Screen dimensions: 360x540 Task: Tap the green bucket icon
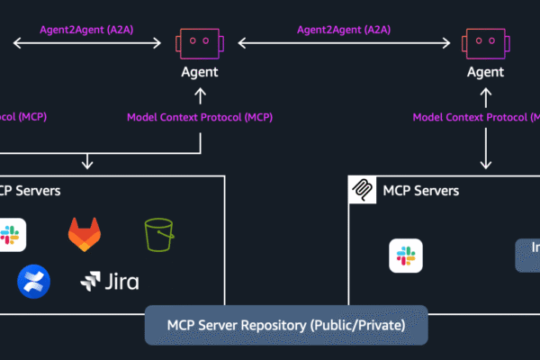coord(158,235)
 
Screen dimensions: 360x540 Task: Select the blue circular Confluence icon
coord(33,282)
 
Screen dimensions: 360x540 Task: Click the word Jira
coord(120,283)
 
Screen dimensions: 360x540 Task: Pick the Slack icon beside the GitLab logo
coord(13,235)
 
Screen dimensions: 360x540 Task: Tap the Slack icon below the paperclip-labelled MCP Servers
coord(405,256)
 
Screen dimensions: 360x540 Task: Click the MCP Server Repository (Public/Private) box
coord(286,325)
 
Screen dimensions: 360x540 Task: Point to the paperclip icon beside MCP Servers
coord(363,191)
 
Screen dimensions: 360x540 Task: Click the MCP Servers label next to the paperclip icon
coord(420,191)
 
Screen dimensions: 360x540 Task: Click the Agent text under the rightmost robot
coord(486,71)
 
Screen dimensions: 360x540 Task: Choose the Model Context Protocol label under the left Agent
coord(199,117)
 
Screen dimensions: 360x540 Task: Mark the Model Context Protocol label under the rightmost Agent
coord(475,117)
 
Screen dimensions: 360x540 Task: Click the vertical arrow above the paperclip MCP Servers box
coord(486,146)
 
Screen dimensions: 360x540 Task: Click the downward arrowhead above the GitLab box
coord(87,164)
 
